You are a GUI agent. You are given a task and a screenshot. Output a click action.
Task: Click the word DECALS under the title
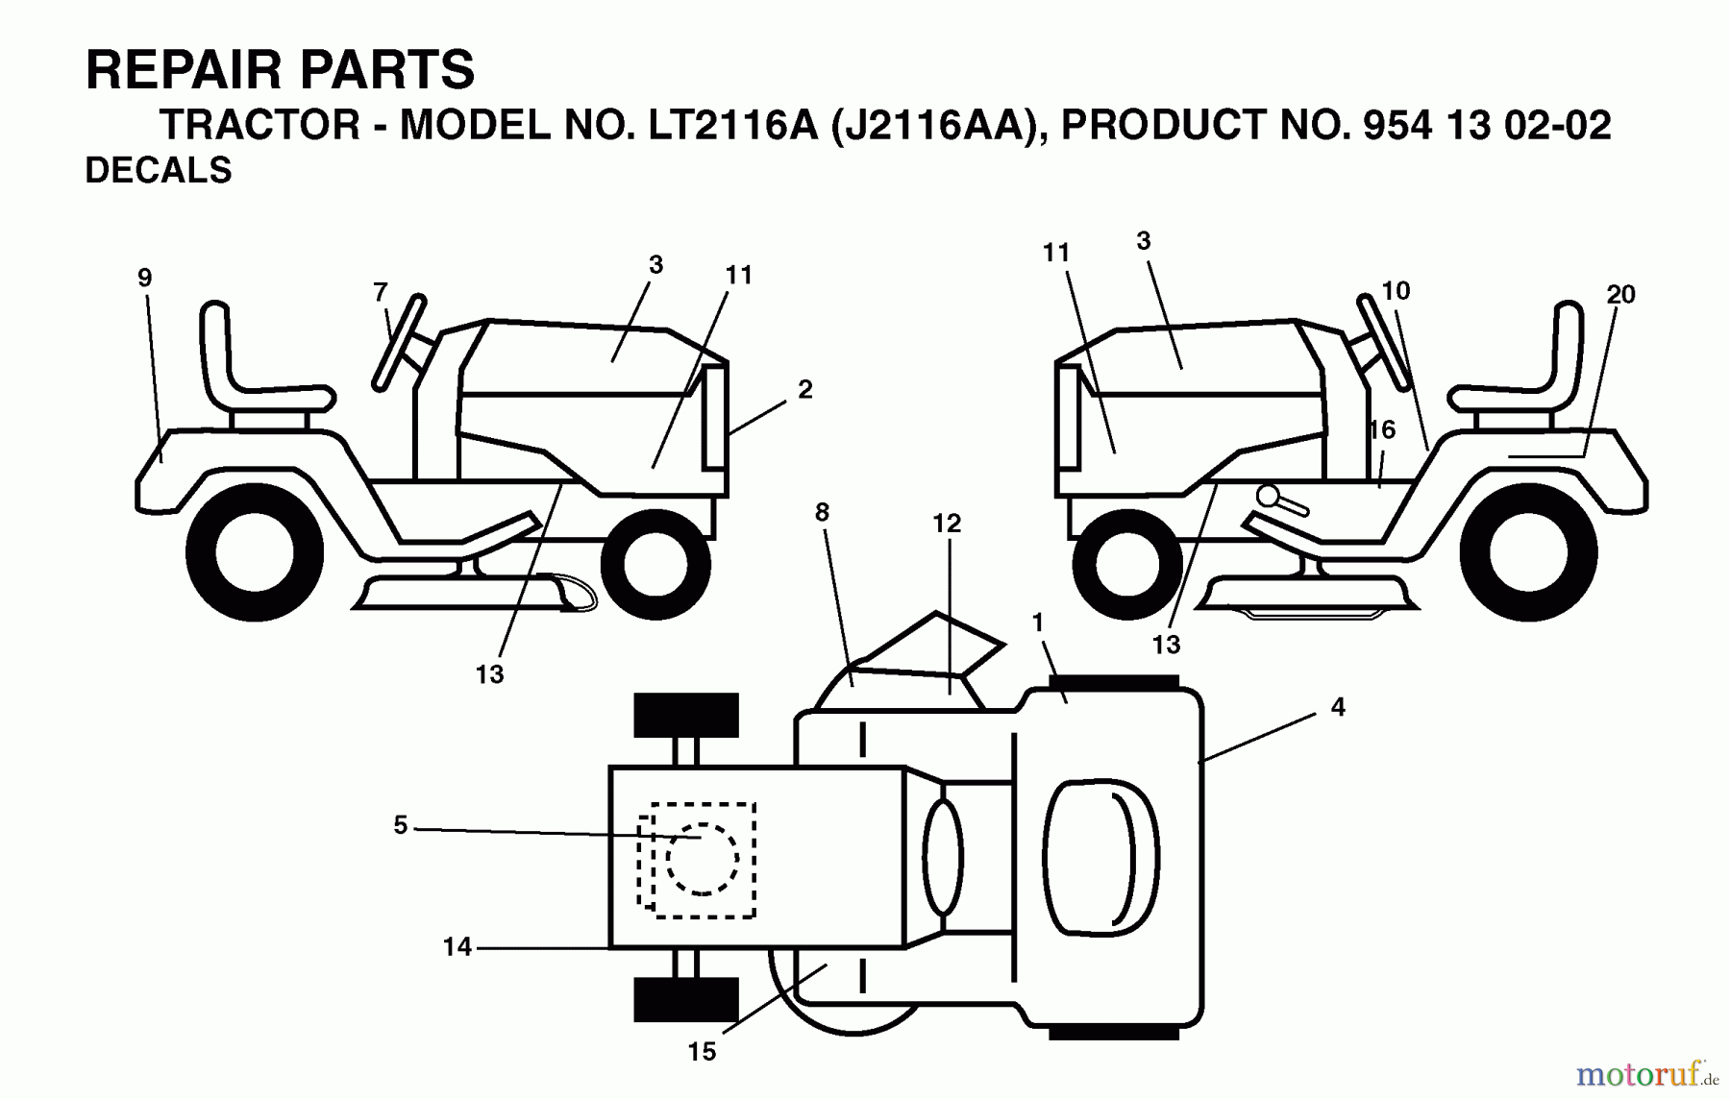159,170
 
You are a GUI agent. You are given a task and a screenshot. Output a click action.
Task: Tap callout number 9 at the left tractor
144,279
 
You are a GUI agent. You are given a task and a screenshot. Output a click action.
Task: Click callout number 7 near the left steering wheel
381,291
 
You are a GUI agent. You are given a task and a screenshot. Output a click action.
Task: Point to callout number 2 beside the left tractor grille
804,389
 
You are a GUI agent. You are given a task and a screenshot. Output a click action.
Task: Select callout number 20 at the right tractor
1620,295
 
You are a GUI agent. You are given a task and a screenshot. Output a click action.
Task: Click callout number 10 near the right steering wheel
1396,290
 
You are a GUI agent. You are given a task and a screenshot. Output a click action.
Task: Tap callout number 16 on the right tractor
1382,429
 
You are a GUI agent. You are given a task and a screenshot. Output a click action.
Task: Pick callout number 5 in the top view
400,825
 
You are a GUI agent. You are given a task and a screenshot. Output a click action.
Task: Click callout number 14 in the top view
457,947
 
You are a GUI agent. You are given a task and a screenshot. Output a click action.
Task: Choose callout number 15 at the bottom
702,1052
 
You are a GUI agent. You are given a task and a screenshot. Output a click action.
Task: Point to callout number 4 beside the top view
1338,708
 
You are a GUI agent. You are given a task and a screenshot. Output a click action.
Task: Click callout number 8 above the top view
822,513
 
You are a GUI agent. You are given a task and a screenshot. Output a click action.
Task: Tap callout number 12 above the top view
947,524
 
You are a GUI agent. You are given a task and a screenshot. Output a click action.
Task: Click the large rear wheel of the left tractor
255,552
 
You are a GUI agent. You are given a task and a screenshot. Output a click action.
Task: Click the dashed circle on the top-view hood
703,859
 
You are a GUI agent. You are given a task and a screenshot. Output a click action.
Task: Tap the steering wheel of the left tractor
400,342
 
